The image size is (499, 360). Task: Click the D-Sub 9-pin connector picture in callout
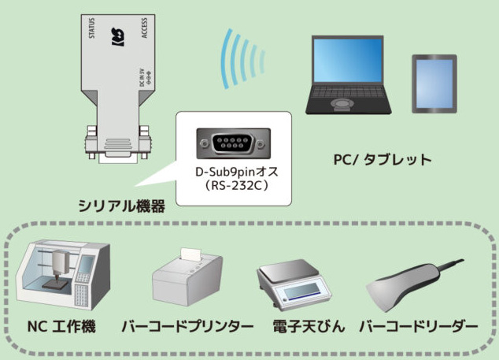pos(234,145)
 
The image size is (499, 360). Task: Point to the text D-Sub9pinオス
pos(234,172)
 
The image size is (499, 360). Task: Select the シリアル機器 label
pos(122,206)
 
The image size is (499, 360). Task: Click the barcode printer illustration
pos(186,280)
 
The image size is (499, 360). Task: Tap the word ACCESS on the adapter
pos(145,28)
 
